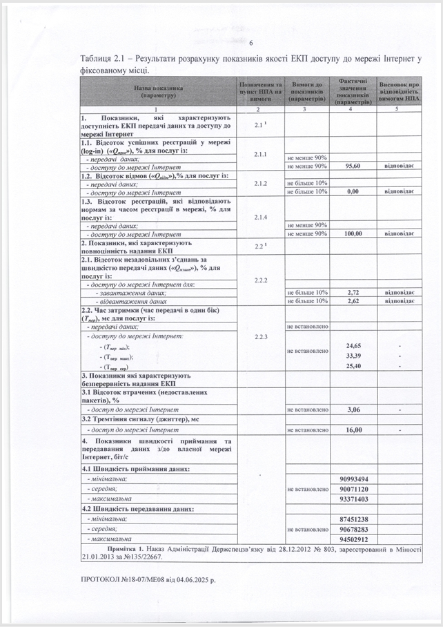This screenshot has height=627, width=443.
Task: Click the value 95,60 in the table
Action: [x=353, y=166]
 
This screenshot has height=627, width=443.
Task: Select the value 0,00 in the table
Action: [x=353, y=191]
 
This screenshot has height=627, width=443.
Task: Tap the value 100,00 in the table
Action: [x=353, y=233]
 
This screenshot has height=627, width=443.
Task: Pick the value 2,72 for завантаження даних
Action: [x=353, y=293]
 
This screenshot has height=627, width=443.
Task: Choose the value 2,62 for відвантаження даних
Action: [x=353, y=301]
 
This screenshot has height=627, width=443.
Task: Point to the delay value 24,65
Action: [x=353, y=345]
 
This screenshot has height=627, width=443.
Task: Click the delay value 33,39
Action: [x=353, y=356]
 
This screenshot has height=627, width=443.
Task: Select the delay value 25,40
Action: [x=353, y=366]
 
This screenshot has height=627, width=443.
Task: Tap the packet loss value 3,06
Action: [x=353, y=409]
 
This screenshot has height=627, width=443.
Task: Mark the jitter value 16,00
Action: [x=353, y=430]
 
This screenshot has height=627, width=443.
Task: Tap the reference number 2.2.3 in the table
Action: [x=260, y=336]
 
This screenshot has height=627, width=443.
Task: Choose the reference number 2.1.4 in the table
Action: [x=260, y=217]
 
